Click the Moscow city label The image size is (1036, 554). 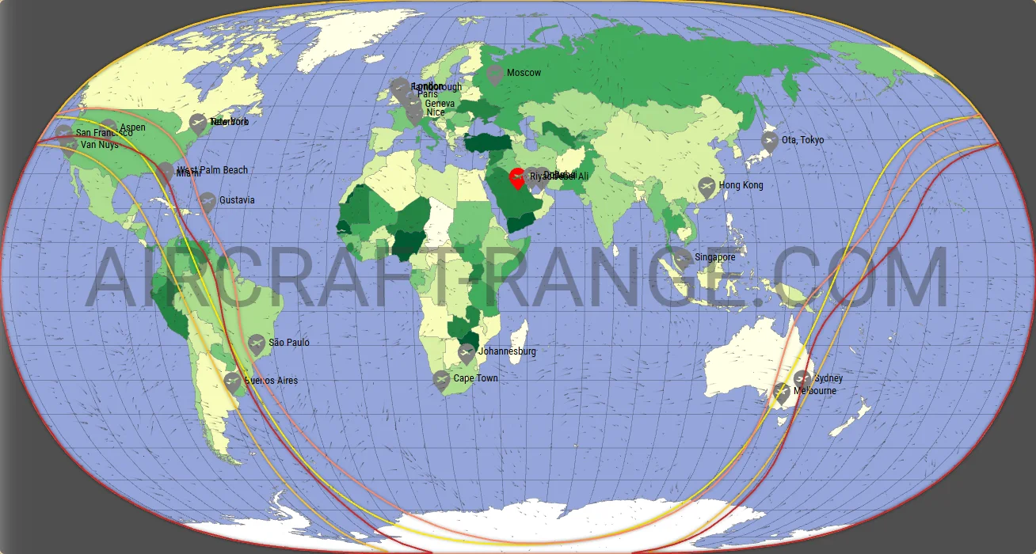tap(524, 73)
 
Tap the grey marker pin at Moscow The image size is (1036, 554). tap(495, 75)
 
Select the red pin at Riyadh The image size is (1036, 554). tap(516, 178)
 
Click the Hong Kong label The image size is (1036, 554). tap(741, 185)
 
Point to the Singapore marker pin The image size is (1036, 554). tap(682, 259)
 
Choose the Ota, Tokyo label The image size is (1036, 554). tap(802, 140)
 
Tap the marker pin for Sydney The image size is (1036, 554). tap(802, 379)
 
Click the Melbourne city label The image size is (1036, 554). tap(814, 391)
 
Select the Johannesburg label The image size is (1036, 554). tap(507, 351)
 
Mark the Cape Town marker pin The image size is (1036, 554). tap(441, 381)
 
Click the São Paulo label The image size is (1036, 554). tap(288, 343)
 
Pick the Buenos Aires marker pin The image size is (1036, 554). tap(231, 382)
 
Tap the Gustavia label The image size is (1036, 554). tap(237, 200)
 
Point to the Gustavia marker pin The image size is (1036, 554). tap(208, 201)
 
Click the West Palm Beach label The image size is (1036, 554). tap(212, 170)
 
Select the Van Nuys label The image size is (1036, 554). tap(100, 146)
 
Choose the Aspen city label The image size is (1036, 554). tap(132, 127)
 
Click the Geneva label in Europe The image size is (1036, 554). tap(440, 104)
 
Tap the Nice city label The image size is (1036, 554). tap(435, 112)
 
